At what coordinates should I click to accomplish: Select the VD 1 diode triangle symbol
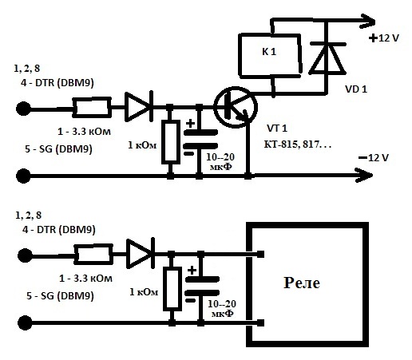327,58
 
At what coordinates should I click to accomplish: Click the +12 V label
384,38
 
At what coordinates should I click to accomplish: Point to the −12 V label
374,158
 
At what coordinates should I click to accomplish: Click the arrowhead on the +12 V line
367,21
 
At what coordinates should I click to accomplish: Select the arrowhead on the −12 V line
364,175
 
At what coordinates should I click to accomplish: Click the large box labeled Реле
307,224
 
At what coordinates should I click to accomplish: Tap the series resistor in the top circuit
92,107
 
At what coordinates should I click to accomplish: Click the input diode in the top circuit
139,107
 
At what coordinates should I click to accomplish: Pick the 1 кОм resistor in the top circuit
171,141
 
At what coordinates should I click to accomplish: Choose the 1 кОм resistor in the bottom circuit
172,289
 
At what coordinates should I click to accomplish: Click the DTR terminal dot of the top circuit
23,109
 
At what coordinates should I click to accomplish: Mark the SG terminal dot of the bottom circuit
25,322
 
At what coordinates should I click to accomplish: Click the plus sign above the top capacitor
190,124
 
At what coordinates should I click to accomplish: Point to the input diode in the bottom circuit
141,253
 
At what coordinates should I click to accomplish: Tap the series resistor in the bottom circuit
93,255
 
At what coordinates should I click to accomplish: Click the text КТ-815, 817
297,144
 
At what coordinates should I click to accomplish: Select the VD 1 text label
356,89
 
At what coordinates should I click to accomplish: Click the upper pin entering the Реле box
255,254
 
